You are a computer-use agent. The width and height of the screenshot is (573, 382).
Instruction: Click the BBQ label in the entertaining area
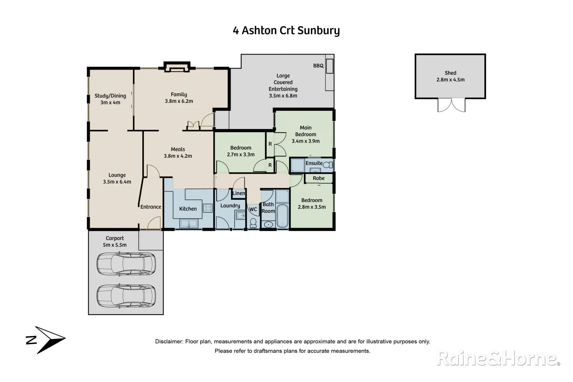tap(318, 66)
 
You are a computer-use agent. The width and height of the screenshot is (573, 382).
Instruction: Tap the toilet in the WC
tap(253, 223)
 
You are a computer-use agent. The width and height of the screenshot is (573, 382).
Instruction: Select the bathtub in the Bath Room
tap(283, 216)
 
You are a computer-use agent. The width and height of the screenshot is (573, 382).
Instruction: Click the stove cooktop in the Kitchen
tap(208, 208)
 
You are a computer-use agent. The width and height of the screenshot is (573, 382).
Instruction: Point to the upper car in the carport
tap(126, 264)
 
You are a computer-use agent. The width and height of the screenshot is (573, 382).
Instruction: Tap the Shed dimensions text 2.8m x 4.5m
tap(450, 80)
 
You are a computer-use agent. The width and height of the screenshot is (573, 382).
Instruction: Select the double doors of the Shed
tap(451, 105)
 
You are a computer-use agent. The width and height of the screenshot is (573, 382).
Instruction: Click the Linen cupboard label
tap(238, 193)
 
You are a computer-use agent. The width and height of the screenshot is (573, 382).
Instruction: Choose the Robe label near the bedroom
tap(318, 178)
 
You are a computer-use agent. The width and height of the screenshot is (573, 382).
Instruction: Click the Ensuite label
tap(314, 163)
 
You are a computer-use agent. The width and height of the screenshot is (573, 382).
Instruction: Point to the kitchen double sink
tap(189, 223)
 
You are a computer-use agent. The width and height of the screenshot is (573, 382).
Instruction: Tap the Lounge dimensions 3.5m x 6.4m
tap(117, 182)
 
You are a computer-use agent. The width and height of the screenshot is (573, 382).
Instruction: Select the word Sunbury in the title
tap(318, 31)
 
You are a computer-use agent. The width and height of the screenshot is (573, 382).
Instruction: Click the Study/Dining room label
tap(110, 96)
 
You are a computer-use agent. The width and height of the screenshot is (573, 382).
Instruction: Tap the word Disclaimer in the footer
tap(169, 342)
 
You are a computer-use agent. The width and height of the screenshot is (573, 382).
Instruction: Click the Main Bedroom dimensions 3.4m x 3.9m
tap(306, 141)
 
